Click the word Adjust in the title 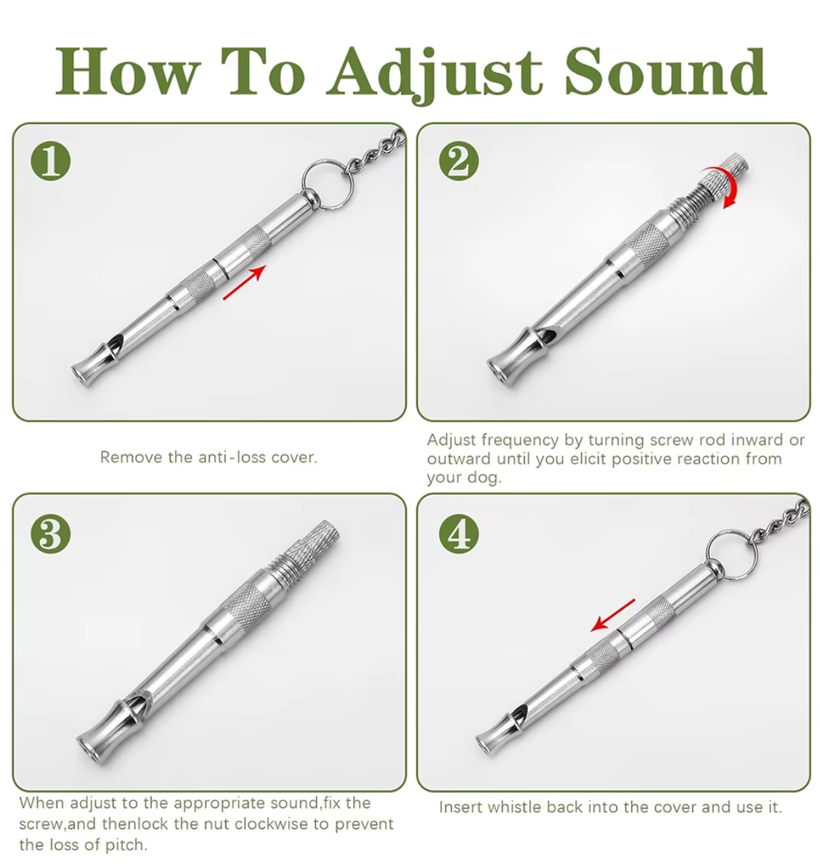pos(435,74)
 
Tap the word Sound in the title pos(665,71)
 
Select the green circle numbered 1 pos(51,161)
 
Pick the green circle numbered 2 pos(459,161)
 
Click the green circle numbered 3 pos(51,533)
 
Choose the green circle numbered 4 pos(459,533)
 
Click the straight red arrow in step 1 pos(245,282)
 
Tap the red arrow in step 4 pos(613,615)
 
